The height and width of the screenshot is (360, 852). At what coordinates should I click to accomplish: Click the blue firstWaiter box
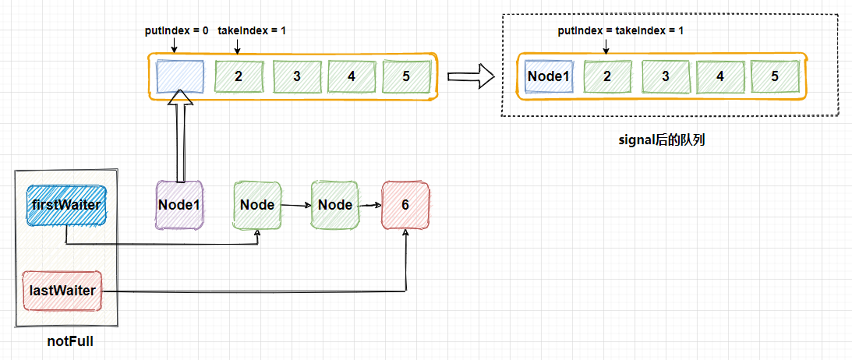pos(66,205)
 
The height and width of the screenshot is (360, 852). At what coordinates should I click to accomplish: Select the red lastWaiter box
pos(62,291)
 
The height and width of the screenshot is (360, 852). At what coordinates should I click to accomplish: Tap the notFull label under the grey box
pos(70,341)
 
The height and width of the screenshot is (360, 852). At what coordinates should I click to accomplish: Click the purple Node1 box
pos(179,205)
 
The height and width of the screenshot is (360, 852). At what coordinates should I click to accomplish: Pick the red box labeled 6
pos(406,205)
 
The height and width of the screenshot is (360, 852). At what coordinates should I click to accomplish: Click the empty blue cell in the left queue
pos(180,77)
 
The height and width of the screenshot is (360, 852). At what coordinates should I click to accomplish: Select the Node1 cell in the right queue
pos(549,77)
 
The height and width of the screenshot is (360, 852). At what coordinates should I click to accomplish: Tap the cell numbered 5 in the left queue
pos(406,77)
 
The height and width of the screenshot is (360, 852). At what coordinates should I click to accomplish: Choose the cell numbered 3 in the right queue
pos(666,77)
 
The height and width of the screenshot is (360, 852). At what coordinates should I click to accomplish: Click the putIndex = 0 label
pos(176,31)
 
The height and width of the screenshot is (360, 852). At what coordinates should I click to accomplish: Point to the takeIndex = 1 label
pos(252,31)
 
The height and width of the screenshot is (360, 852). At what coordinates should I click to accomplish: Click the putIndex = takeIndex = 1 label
pos(621,31)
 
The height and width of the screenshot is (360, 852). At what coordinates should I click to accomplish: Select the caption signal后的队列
pos(662,140)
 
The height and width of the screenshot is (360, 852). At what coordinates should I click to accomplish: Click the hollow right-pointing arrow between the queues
pos(471,76)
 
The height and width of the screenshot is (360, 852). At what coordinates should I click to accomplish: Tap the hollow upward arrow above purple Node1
pos(181,136)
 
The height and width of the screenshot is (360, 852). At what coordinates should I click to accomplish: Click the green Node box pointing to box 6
pos(335,205)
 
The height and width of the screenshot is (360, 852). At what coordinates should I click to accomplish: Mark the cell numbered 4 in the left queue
pos(352,77)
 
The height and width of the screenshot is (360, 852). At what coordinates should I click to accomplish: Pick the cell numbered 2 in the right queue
pos(607,77)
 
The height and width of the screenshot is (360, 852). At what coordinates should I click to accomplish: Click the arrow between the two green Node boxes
pos(296,205)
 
